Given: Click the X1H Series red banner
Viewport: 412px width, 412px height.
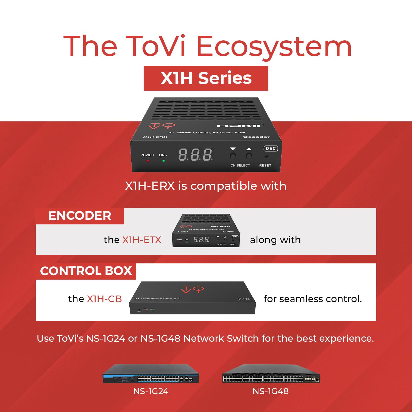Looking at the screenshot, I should [206, 78].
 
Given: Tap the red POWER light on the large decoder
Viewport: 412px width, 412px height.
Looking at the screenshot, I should [148, 161].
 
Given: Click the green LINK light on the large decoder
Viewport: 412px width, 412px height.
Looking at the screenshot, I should [163, 161].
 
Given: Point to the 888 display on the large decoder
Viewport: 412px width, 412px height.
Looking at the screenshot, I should [195, 155].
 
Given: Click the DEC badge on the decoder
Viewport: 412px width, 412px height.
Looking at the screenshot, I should [271, 149].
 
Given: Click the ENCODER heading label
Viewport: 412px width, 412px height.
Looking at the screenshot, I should [80, 216].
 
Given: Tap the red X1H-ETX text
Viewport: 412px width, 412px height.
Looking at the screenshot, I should [142, 240].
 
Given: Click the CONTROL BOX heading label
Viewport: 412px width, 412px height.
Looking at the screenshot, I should [86, 271].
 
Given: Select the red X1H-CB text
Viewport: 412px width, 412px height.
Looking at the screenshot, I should [104, 299].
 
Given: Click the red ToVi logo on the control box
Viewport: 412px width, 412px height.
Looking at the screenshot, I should [193, 290].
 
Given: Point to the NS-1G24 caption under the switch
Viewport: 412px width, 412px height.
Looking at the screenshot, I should [151, 391].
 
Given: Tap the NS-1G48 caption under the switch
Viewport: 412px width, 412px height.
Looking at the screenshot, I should [271, 391].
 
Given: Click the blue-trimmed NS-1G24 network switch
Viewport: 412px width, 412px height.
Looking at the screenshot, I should [151, 374].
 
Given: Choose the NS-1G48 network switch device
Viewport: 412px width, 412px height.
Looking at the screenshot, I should [271, 374].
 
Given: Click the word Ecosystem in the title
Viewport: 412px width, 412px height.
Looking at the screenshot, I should [274, 47].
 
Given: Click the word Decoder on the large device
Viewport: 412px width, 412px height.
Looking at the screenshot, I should [256, 137].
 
